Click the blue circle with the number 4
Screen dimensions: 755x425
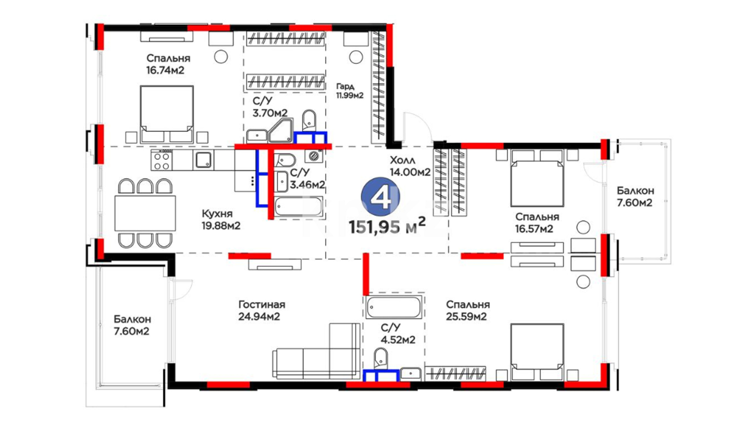[381, 197]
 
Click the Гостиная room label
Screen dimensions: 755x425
[261, 305]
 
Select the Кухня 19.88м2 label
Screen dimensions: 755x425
[221, 220]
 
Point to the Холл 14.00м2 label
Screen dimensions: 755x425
[410, 166]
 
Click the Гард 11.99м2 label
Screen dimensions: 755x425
[349, 91]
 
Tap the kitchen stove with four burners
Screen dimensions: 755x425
[162, 160]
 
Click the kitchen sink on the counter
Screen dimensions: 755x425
[204, 160]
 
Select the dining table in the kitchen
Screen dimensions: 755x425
[145, 213]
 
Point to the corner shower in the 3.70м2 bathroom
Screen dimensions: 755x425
[281, 131]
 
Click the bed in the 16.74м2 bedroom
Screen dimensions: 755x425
[167, 114]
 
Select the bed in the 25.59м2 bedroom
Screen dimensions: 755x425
[537, 352]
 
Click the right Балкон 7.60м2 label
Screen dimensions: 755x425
[635, 197]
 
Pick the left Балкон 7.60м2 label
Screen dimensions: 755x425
[132, 325]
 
